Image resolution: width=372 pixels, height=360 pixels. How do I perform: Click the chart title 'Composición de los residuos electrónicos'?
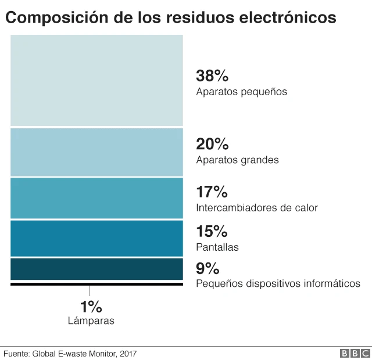170,17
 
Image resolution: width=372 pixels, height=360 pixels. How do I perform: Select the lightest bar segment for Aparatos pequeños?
96,80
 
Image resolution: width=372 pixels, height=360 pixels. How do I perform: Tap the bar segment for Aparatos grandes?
96,152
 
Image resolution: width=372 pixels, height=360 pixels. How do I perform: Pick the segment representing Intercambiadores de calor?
96,198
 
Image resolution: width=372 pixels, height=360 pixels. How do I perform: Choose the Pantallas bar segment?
96,238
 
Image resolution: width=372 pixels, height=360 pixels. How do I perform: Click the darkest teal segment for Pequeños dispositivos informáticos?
96,269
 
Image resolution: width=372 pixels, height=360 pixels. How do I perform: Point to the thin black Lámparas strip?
96,284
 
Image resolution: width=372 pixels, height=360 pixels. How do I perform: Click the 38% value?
212,75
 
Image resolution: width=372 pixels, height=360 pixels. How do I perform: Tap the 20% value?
212,144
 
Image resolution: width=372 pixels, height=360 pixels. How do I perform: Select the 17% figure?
212,192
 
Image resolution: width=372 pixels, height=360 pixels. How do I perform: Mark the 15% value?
212,232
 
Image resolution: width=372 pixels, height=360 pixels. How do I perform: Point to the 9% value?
208,268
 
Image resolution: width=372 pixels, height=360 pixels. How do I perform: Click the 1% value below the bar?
91,307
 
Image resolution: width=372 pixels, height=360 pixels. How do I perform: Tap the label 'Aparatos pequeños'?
241,92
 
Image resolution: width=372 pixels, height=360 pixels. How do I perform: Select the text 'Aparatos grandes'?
237,160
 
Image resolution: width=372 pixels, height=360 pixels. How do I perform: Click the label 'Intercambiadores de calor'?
257,207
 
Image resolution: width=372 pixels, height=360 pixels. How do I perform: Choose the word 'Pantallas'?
217,247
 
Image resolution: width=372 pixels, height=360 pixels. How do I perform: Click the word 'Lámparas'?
91,320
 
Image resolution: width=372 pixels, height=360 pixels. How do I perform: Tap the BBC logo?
355,353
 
